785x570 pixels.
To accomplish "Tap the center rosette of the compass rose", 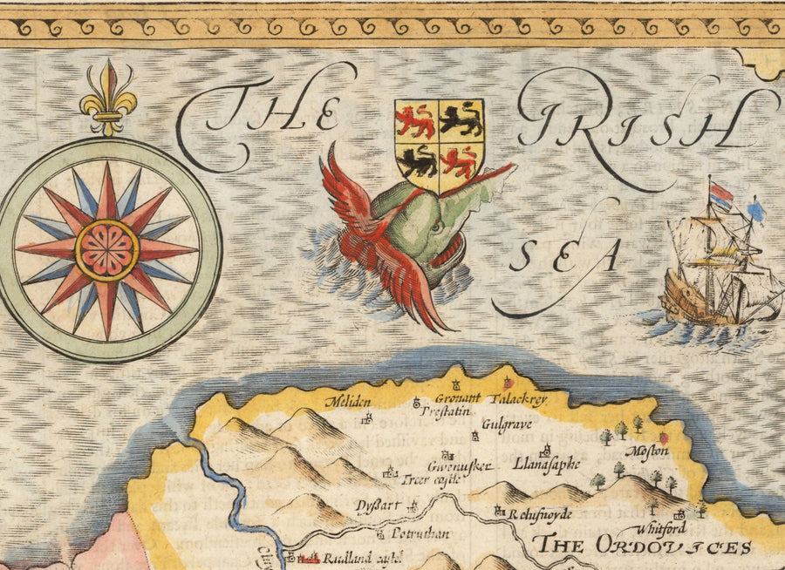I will (107, 249).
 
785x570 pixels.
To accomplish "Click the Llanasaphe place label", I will (546, 464).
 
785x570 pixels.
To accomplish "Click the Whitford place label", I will (661, 530).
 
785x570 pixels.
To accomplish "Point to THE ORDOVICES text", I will (643, 547).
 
